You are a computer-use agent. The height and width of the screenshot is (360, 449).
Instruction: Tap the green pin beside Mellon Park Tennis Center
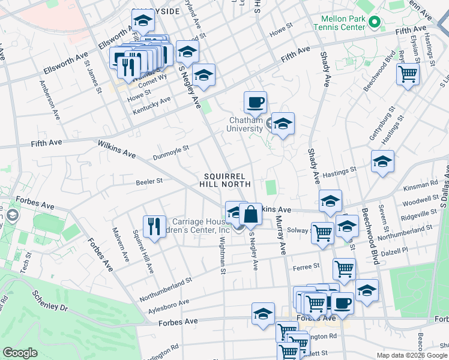click(375, 23)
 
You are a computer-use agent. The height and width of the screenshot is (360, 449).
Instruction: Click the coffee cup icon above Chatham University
click(255, 102)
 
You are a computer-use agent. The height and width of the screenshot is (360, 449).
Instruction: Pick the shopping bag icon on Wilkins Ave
click(250, 214)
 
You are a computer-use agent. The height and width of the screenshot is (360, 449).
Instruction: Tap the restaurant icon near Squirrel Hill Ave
click(154, 227)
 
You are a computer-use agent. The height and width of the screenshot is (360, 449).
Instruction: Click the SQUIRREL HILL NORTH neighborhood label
click(225, 179)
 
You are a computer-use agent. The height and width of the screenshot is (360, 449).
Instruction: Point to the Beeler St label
click(149, 181)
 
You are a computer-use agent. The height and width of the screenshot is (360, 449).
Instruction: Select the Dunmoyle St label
click(170, 151)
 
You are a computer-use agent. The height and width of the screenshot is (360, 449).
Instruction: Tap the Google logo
click(20, 353)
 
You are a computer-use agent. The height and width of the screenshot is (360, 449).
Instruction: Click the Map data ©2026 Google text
click(412, 355)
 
